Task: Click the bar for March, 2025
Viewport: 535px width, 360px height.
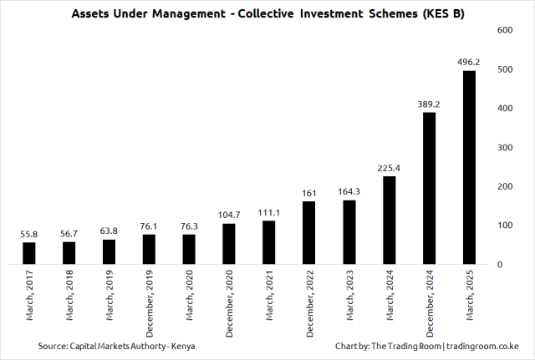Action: (469, 167)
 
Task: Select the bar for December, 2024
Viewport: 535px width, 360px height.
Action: (429, 188)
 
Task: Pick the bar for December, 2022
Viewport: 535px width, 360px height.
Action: (309, 233)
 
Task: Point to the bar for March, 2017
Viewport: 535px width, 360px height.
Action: (29, 253)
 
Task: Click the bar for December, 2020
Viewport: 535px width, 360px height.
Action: (229, 244)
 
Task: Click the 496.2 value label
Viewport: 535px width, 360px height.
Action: (469, 61)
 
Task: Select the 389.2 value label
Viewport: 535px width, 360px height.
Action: (429, 104)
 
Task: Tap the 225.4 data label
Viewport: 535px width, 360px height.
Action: (389, 168)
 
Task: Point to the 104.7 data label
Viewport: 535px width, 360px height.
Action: (229, 215)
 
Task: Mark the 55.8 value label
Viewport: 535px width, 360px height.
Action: (29, 235)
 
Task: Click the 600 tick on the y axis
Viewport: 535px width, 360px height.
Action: (504, 30)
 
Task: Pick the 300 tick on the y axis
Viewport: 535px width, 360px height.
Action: (504, 147)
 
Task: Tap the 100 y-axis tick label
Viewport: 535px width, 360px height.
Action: (504, 226)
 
